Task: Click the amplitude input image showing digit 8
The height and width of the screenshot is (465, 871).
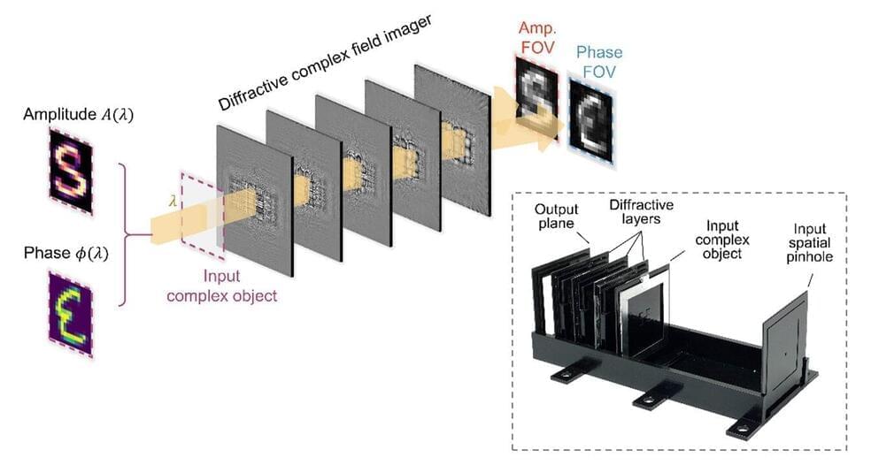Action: pyautogui.click(x=70, y=172)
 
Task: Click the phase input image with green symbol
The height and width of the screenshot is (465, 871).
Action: pyautogui.click(x=70, y=314)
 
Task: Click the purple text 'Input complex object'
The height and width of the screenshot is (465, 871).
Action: pyautogui.click(x=221, y=287)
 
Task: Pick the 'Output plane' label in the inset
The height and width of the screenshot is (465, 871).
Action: pyautogui.click(x=557, y=217)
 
